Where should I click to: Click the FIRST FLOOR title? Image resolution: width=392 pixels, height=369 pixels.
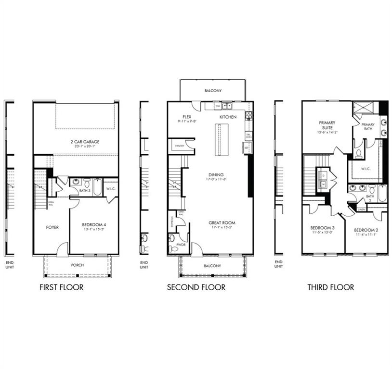coord(61,287)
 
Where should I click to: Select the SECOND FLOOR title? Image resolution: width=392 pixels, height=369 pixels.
coord(196,287)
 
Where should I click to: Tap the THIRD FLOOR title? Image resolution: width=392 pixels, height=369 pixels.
coord(331,287)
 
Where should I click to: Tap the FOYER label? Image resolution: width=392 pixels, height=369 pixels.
coord(52,227)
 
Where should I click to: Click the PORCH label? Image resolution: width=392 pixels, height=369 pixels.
coord(78,265)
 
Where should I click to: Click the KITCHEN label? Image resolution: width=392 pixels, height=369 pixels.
coord(228,117)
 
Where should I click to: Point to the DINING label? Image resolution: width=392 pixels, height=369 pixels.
coord(216,174)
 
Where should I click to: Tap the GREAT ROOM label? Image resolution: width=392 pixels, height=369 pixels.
coord(222,222)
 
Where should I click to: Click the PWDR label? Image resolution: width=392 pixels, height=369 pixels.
coord(181,245)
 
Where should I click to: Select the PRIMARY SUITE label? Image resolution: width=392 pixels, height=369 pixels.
coord(327,125)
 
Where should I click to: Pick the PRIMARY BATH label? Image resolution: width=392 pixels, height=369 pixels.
coord(367,126)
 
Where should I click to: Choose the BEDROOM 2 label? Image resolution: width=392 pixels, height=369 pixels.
coord(366,230)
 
